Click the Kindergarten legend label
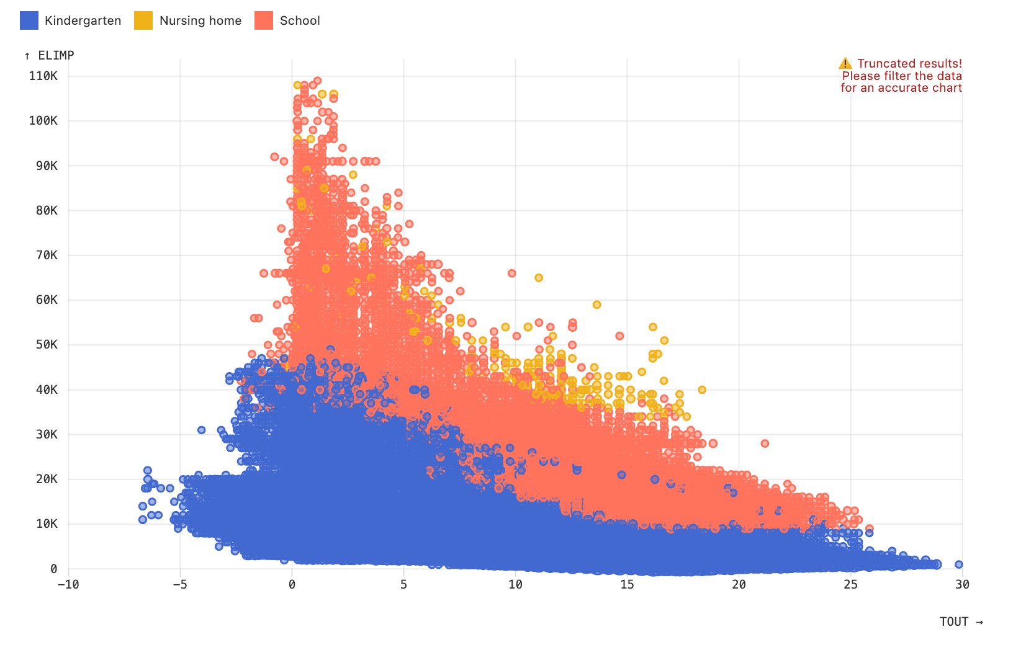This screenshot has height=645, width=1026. click(83, 20)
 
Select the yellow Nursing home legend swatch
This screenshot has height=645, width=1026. click(143, 20)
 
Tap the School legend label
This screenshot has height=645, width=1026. click(299, 20)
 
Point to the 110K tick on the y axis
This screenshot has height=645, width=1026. click(43, 76)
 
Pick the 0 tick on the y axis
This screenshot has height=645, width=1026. click(54, 569)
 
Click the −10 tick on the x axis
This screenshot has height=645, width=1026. click(68, 584)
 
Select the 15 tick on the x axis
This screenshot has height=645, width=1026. click(627, 584)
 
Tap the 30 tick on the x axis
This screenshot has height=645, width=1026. click(962, 584)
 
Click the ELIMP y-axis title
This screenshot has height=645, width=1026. click(50, 55)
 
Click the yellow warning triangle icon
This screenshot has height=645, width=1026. click(845, 63)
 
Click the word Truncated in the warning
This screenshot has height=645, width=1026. click(884, 63)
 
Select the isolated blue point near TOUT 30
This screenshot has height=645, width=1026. click(959, 564)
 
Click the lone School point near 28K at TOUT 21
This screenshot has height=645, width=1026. click(765, 443)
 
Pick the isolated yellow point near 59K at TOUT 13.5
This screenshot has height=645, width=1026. click(596, 305)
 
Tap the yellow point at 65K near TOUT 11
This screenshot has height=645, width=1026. click(539, 278)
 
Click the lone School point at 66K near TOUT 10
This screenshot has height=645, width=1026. click(512, 273)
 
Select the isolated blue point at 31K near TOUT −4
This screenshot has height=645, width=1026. click(201, 430)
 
